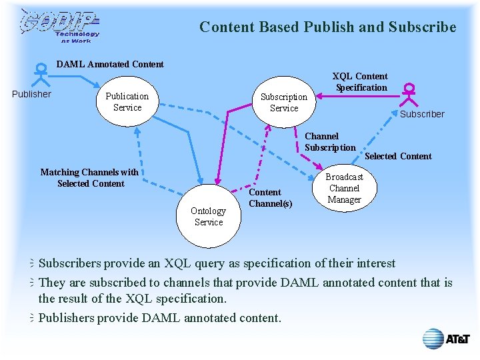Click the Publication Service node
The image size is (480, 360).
(127, 101)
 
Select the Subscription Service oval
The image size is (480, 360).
(284, 102)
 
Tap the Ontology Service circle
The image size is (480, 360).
(208, 216)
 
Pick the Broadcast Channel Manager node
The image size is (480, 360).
(344, 188)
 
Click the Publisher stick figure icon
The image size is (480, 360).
(41, 72)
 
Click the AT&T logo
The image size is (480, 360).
(446, 339)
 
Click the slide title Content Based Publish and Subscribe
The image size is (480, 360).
(327, 27)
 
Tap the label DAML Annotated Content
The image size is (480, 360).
(110, 65)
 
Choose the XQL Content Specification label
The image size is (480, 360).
(361, 82)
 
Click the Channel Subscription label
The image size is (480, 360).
(330, 142)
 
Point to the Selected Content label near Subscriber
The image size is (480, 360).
(398, 157)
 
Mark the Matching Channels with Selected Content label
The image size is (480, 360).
(90, 178)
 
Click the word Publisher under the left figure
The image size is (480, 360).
(31, 94)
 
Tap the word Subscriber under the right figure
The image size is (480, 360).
(422, 114)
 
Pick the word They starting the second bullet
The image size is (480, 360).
(53, 283)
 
